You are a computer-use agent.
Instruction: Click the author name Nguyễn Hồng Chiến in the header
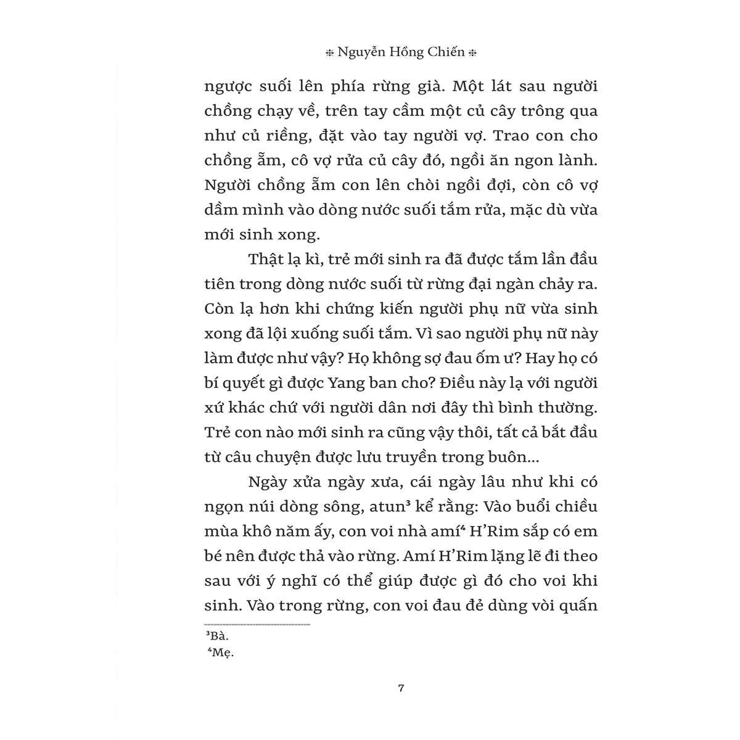coord(401,53)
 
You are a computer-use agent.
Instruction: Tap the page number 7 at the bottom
coord(401,689)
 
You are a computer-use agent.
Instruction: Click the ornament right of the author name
coord(473,54)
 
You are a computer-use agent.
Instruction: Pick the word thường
coord(565,408)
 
